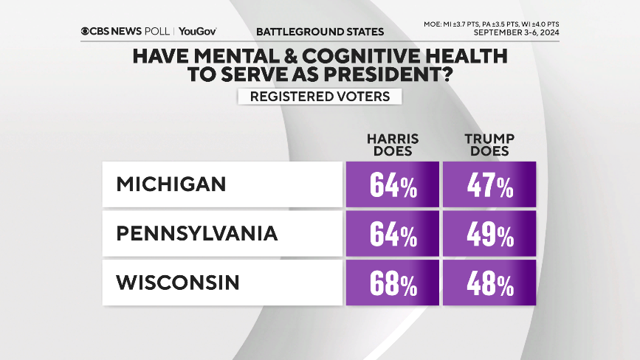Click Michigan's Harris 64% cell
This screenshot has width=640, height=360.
tap(392, 184)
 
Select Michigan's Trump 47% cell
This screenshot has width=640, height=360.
tap(489, 184)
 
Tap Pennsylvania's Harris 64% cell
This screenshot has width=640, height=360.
tap(392, 234)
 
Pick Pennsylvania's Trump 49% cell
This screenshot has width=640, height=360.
tap(489, 234)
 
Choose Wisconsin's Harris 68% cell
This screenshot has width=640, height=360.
tap(392, 283)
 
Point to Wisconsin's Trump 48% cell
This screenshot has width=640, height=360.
tap(489, 283)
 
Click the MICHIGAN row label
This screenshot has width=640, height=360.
tap(171, 184)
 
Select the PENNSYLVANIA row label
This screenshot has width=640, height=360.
tap(197, 234)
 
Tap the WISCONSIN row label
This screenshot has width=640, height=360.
tap(178, 283)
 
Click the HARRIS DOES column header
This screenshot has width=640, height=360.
tap(393, 144)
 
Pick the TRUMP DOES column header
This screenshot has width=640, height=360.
tap(489, 144)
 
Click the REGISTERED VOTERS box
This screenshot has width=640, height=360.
tap(319, 97)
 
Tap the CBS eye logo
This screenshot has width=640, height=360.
tap(86, 32)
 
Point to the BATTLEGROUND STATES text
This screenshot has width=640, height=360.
tap(320, 32)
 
